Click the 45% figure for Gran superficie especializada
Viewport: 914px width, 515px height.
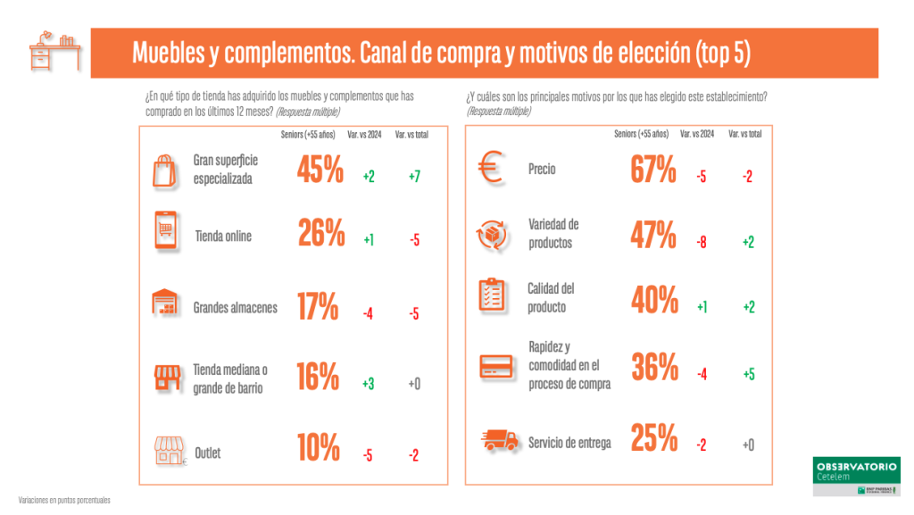[320, 170]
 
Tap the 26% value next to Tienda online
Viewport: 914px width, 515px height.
[320, 234]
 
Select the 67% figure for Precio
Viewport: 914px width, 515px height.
[653, 169]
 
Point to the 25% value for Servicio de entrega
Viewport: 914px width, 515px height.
[653, 437]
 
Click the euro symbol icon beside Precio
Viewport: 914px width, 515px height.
[493, 170]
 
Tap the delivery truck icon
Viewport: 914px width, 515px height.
[496, 440]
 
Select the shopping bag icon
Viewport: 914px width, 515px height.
[164, 170]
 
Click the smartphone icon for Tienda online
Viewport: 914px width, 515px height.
[164, 232]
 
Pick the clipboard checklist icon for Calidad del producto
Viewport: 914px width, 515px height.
[493, 295]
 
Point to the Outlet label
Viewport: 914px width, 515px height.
[208, 453]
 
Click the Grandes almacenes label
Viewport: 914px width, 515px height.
[235, 308]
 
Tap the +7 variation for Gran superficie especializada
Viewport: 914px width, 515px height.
[414, 177]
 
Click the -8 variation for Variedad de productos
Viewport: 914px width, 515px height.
[702, 242]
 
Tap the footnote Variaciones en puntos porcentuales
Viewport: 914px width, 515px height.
[64, 500]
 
